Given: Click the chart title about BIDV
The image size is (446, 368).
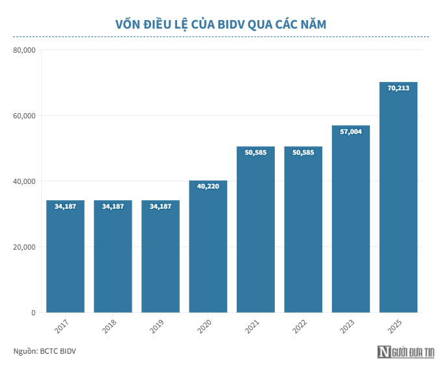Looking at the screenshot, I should (x=221, y=25).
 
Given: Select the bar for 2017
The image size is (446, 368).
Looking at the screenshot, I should (x=65, y=260).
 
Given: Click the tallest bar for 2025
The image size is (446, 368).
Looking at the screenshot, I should (x=398, y=202).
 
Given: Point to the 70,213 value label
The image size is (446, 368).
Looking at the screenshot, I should (x=398, y=88).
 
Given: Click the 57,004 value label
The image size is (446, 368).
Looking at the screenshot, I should (x=351, y=131).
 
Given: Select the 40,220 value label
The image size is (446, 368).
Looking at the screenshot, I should (x=208, y=187).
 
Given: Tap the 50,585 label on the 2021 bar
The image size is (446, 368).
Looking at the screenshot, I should (x=255, y=153).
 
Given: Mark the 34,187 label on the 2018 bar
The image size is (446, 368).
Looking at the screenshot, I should (x=113, y=207).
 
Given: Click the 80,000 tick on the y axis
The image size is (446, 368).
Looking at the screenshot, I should (x=23, y=50).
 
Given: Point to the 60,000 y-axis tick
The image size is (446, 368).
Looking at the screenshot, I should (x=23, y=116).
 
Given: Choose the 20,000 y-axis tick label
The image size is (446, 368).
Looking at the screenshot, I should (x=23, y=247).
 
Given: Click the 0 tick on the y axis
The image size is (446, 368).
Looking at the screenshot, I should (x=33, y=313).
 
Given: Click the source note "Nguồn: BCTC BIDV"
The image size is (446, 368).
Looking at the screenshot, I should (x=45, y=352).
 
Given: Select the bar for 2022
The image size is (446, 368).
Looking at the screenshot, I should (x=303, y=234).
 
